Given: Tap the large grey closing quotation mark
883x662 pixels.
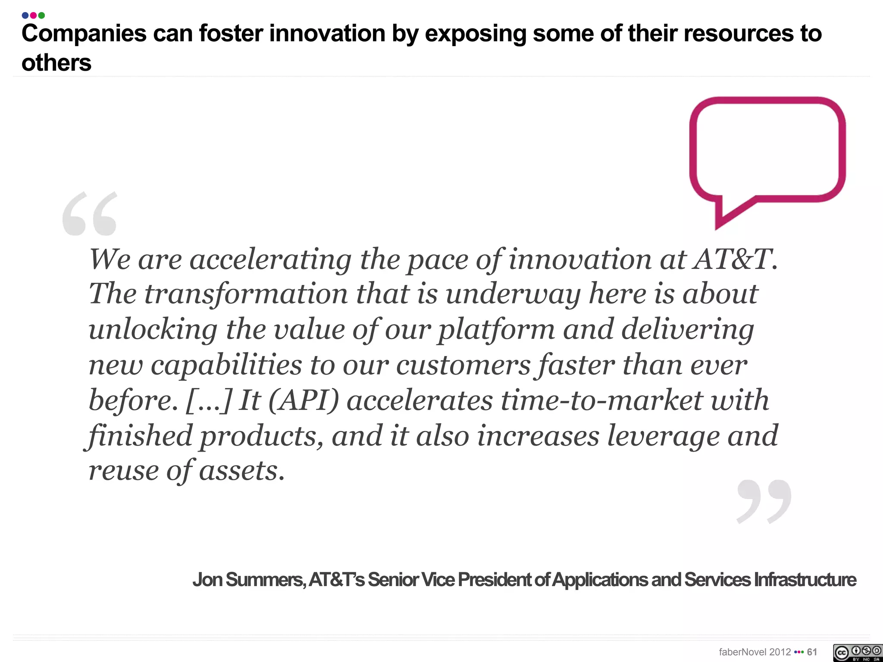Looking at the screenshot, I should [764, 501].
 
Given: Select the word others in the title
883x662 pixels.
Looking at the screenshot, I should [56, 63].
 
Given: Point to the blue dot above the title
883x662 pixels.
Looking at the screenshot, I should [25, 16].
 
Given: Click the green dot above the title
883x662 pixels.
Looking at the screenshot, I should [41, 16].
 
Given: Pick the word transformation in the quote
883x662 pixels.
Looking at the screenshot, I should [246, 294].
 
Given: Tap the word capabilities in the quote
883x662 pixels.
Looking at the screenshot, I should [226, 365].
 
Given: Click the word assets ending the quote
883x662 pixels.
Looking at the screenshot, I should [241, 471].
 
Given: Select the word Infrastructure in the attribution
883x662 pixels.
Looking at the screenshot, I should [805, 580].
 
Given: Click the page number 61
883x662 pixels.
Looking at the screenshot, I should [812, 652].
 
